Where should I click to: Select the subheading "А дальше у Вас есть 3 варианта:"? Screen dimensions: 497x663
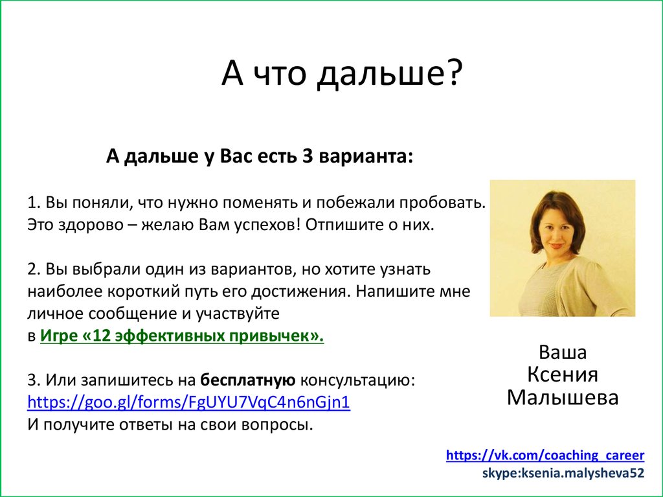click(259, 157)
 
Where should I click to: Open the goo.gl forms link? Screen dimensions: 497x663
click(188, 402)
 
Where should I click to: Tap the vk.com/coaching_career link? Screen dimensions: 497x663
click(545, 455)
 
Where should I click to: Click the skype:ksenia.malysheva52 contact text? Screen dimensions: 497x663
click(563, 473)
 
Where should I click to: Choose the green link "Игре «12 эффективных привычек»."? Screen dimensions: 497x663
click(182, 336)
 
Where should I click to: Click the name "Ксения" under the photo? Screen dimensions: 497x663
click(562, 375)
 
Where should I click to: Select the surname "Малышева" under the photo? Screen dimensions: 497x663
click(562, 397)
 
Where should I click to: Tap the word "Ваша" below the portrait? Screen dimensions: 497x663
click(562, 353)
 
